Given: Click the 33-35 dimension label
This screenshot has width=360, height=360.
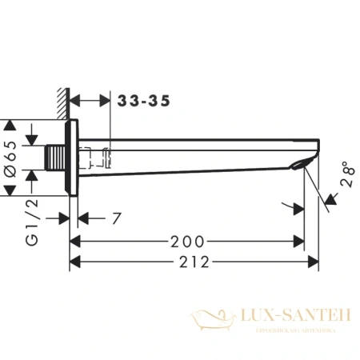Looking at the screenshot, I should [141, 102].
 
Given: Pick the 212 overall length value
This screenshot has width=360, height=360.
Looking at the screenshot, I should [194, 262].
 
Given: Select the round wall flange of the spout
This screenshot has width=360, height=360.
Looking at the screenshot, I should [74, 158].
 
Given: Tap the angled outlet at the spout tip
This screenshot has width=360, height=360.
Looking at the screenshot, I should [302, 165].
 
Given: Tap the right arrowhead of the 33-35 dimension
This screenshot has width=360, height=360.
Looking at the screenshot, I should [106, 102].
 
